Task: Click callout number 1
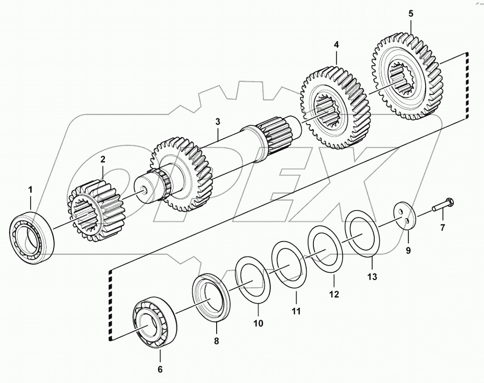[x=30, y=190]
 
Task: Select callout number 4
[x=336, y=44]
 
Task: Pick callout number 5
[x=411, y=13]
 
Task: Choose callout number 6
[x=160, y=369]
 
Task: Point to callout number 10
[x=258, y=324]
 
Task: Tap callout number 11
[x=296, y=311]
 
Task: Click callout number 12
[x=334, y=294]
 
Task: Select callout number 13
[x=372, y=277]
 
